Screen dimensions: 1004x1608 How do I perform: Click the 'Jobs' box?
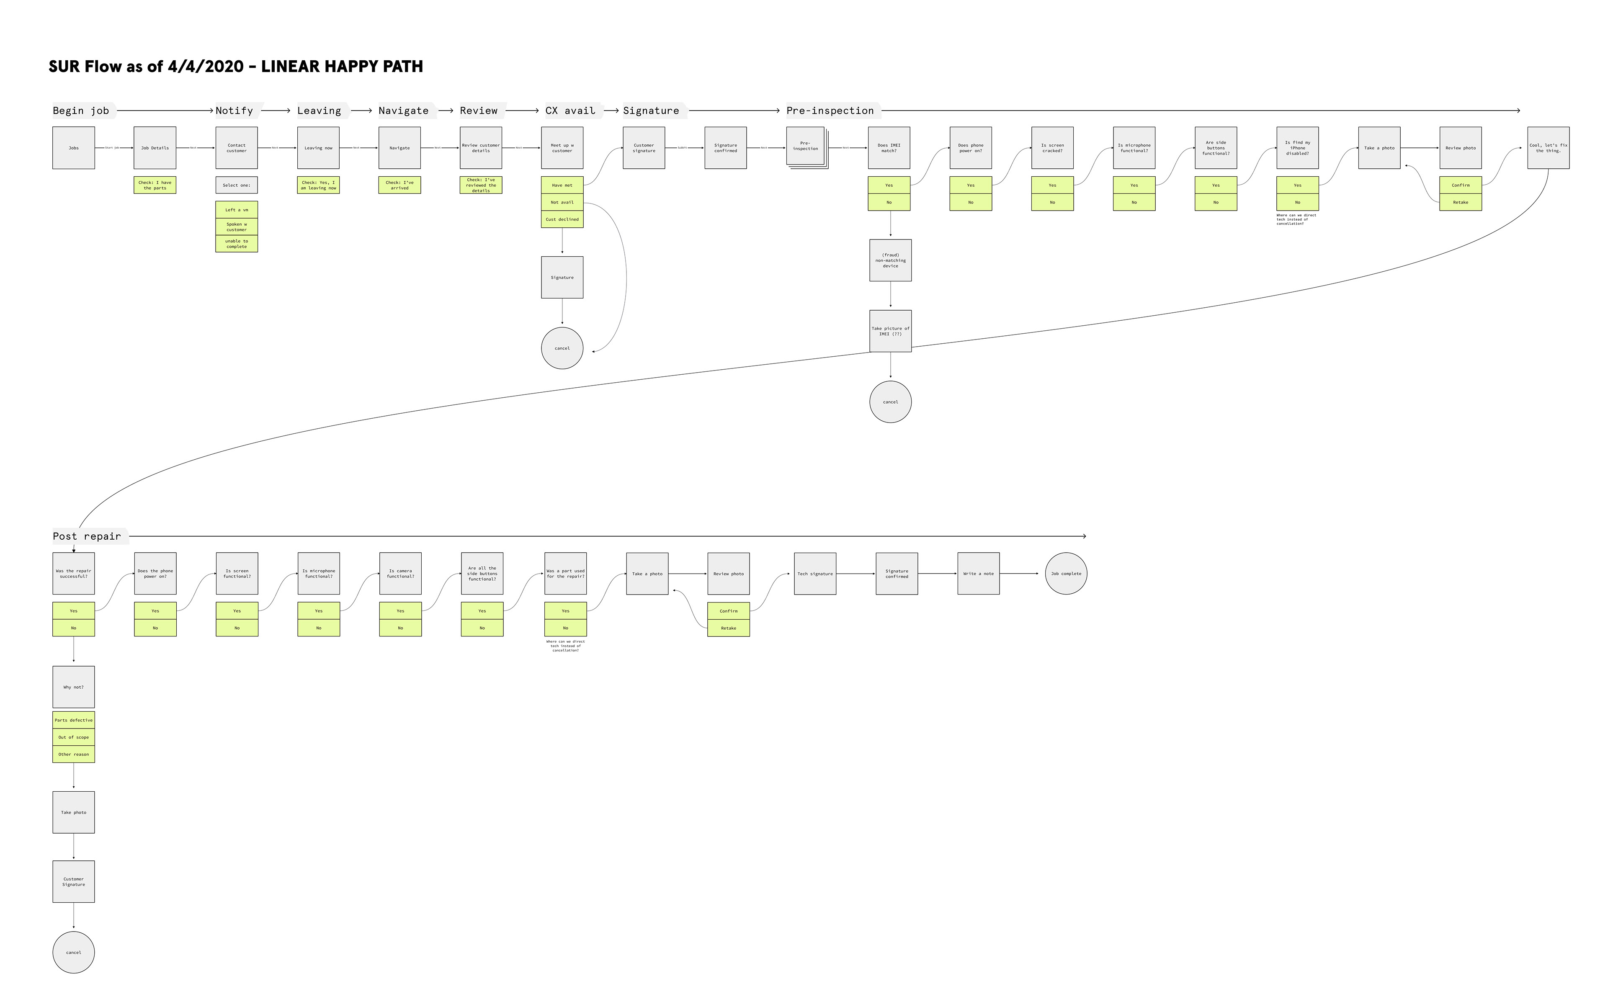74,148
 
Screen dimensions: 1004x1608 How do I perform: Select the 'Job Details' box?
155,148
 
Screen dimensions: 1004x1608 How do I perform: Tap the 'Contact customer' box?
236,148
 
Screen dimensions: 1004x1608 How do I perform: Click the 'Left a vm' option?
236,210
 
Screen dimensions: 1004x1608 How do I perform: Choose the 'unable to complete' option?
236,244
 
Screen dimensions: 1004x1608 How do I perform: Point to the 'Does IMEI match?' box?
889,148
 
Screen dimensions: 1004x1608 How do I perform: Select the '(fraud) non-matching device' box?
890,260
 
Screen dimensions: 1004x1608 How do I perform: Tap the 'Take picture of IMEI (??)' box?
890,331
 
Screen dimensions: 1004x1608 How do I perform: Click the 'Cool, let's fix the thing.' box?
1548,148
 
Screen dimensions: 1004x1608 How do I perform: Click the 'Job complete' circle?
1066,574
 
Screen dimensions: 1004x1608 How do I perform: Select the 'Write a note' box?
978,574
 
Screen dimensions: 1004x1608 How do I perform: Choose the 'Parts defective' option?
74,721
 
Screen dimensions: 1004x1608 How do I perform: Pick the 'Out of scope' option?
74,737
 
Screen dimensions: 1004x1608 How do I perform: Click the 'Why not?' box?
74,687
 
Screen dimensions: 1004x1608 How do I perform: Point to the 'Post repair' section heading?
87,536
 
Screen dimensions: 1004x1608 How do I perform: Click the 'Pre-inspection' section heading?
830,111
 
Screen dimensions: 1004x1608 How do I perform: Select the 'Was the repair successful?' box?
74,574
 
